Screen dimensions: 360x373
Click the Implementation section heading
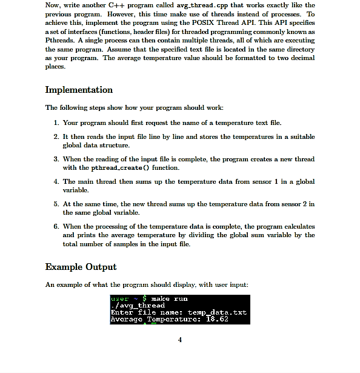click(x=79, y=90)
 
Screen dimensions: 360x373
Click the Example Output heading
click(x=81, y=267)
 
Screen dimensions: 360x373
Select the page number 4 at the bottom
click(x=180, y=339)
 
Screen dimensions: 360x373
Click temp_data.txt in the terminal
click(x=224, y=312)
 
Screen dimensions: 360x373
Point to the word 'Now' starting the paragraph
click(x=52, y=5)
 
